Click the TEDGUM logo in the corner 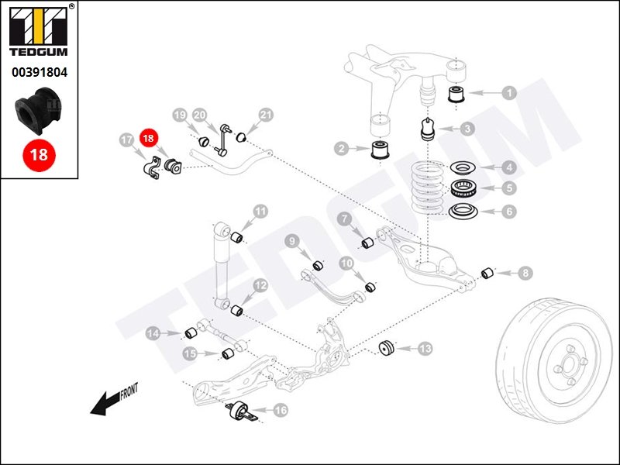click(39, 32)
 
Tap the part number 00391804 click(39, 74)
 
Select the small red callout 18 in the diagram click(149, 138)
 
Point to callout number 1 click(509, 92)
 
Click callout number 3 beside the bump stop click(467, 129)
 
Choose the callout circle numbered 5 click(509, 188)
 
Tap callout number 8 click(525, 273)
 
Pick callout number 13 click(425, 350)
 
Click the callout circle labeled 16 click(280, 410)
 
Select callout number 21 click(266, 115)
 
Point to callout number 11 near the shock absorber click(260, 212)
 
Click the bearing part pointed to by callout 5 click(463, 188)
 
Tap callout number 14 click(153, 333)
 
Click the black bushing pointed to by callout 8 click(488, 273)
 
